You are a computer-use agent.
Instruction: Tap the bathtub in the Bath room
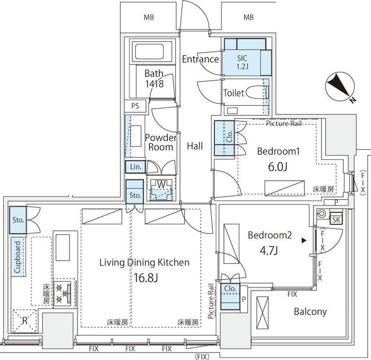click(149, 51)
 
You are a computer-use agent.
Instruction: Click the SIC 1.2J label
click(242, 62)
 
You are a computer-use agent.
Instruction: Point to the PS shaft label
click(135, 106)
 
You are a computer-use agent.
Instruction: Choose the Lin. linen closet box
click(135, 167)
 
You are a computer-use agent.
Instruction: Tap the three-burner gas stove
click(63, 293)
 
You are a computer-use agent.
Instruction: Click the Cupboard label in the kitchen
click(18, 257)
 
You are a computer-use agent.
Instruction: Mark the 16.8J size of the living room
click(146, 278)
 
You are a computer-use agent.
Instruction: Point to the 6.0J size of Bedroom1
click(278, 167)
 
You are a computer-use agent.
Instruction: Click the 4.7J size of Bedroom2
click(269, 250)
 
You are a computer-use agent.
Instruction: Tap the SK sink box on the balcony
click(336, 220)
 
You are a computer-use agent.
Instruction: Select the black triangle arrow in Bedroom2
click(304, 241)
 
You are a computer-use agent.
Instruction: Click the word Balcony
click(310, 311)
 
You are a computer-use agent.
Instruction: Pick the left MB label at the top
click(148, 17)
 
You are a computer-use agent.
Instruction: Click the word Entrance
click(200, 59)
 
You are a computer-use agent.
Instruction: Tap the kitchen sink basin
click(63, 247)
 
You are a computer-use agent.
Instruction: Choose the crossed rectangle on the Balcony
click(262, 312)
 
